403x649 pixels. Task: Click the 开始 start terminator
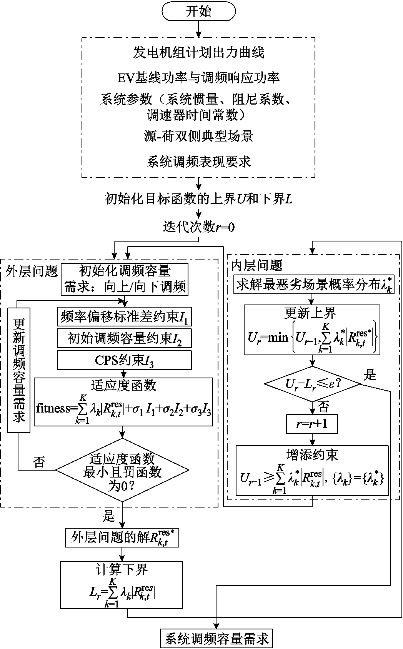(x=198, y=12)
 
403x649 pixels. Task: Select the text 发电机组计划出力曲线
(x=198, y=53)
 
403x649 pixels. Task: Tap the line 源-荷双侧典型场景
(x=198, y=136)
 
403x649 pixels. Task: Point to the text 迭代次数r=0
(x=198, y=227)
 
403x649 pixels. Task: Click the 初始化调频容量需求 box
(x=124, y=279)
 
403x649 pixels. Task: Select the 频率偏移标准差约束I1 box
(x=124, y=316)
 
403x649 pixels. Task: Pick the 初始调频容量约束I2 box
(x=124, y=338)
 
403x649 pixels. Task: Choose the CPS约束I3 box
(x=124, y=360)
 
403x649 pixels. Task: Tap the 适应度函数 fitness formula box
(x=123, y=402)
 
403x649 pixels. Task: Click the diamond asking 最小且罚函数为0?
(x=122, y=470)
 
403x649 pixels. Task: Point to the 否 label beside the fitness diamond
(x=38, y=462)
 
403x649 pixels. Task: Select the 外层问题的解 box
(x=122, y=538)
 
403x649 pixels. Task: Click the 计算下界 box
(x=121, y=585)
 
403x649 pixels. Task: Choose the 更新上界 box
(x=312, y=329)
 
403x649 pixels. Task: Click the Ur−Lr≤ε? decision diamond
(x=312, y=384)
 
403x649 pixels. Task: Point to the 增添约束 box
(x=312, y=470)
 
